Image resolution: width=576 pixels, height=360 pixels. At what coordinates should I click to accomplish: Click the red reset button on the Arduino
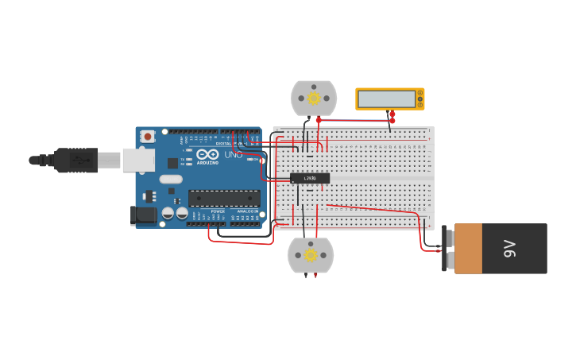click(148, 137)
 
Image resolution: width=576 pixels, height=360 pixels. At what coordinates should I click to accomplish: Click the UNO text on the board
click(233, 154)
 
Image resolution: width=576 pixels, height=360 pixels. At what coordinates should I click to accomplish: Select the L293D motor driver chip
click(310, 178)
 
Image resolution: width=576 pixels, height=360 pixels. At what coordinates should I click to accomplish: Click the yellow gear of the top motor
click(314, 99)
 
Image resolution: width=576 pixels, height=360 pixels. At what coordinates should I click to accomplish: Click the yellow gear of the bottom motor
click(311, 255)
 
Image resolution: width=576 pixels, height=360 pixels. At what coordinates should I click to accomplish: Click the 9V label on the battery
click(509, 248)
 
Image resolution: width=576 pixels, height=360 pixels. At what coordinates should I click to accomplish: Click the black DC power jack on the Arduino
click(143, 215)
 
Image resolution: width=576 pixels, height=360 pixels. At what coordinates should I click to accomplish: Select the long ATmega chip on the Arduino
click(223, 199)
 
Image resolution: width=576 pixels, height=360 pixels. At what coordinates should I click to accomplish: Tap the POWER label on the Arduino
click(218, 211)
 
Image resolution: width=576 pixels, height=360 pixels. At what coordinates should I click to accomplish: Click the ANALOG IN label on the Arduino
click(246, 211)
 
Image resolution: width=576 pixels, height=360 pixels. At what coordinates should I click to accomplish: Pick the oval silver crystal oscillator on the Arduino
click(170, 179)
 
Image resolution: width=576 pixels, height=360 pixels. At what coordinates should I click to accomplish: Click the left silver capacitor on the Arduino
click(168, 212)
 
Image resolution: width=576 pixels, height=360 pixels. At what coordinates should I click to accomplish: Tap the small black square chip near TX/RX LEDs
click(172, 163)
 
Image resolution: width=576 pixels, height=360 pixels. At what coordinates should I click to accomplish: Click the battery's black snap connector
click(444, 248)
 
